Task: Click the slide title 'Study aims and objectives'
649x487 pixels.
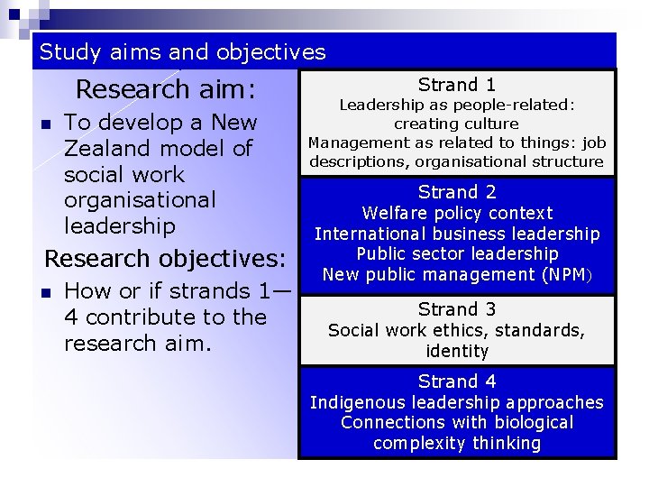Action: pyautogui.click(x=182, y=52)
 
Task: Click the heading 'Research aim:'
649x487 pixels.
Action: pyautogui.click(x=166, y=90)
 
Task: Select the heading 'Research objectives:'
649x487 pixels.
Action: pyautogui.click(x=165, y=259)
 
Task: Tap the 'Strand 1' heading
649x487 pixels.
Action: pyautogui.click(x=457, y=86)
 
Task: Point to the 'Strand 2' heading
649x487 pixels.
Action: pyautogui.click(x=457, y=192)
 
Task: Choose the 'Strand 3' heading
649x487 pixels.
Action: pyautogui.click(x=457, y=310)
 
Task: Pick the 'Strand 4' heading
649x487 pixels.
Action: pyautogui.click(x=457, y=381)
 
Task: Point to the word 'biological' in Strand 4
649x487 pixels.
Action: pyautogui.click(x=529, y=422)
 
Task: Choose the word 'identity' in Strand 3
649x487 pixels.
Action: pyautogui.click(x=457, y=351)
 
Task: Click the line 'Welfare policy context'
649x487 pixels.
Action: pyautogui.click(x=457, y=214)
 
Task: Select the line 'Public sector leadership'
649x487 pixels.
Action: pyautogui.click(x=457, y=254)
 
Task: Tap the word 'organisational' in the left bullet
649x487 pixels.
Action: pyautogui.click(x=140, y=199)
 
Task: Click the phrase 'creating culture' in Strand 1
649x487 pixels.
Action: pyautogui.click(x=457, y=124)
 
